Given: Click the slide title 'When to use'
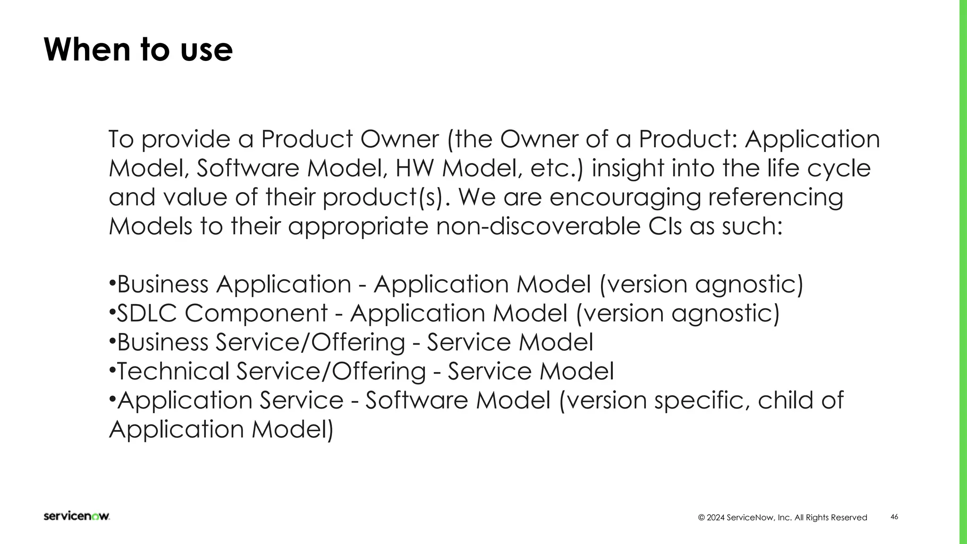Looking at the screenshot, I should [x=138, y=50].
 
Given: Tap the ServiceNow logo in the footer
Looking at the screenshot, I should [x=76, y=516].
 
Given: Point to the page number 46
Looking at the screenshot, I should [x=894, y=517].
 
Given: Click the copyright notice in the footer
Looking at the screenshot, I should [x=782, y=518].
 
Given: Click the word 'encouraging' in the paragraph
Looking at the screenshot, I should [x=625, y=197].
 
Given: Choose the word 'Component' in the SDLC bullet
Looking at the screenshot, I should [x=256, y=313].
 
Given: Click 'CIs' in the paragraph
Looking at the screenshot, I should [x=665, y=227].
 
